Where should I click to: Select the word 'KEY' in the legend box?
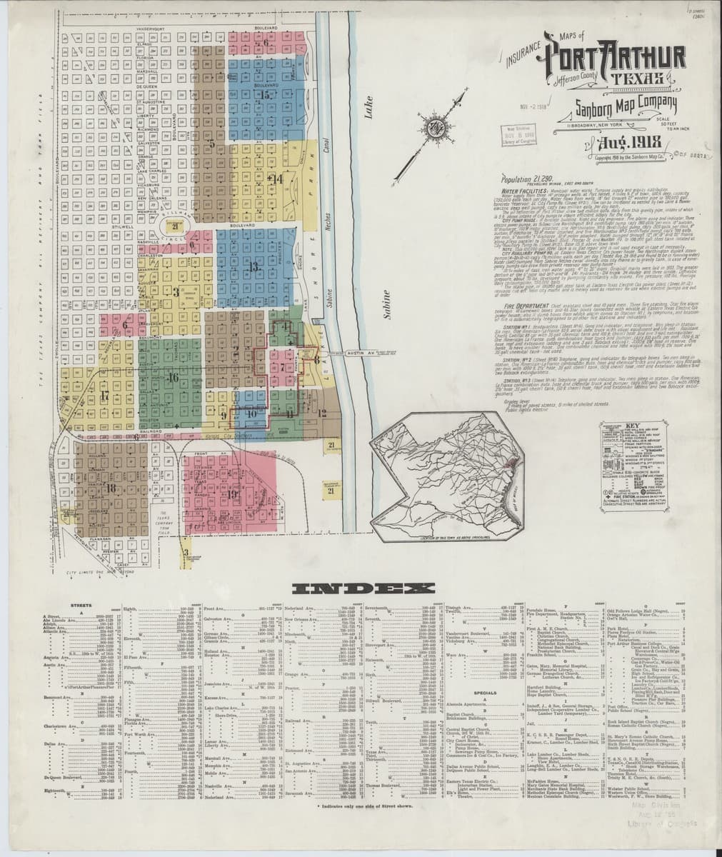[631, 427]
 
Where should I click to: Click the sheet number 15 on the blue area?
[266, 94]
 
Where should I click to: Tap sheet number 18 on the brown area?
[111, 488]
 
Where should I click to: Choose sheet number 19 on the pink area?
[233, 494]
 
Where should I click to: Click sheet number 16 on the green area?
[172, 378]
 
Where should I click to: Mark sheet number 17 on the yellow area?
[104, 395]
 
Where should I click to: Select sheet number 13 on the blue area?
[254, 266]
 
